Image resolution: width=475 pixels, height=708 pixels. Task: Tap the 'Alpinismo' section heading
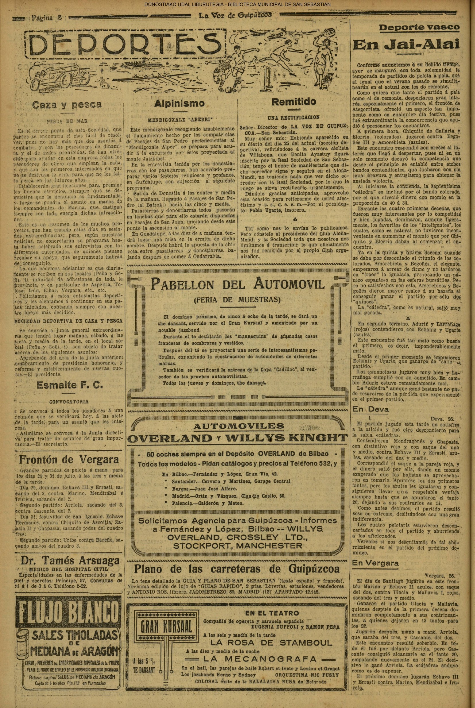(x=180, y=103)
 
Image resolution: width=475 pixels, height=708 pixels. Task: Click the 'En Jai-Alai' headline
(x=406, y=45)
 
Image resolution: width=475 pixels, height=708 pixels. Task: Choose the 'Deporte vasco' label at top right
(x=419, y=27)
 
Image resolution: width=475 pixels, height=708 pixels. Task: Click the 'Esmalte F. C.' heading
(x=70, y=385)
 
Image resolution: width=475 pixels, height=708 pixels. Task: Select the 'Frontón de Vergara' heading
(x=69, y=460)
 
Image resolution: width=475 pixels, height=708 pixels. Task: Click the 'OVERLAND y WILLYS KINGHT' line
(x=237, y=438)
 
